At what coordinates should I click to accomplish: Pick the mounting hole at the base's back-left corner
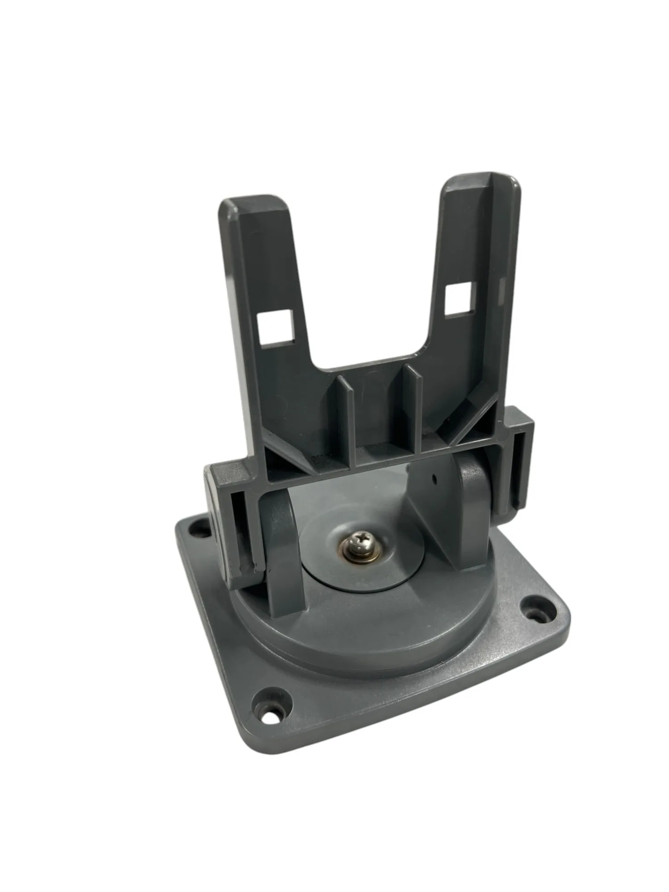point(194,531)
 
